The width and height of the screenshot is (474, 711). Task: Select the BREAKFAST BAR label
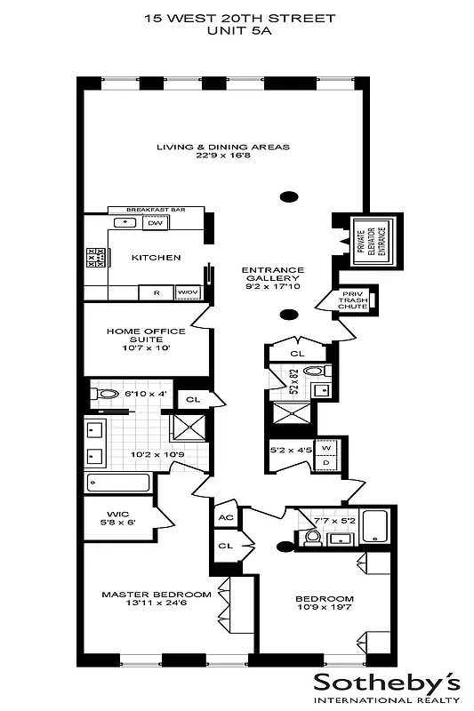(155, 210)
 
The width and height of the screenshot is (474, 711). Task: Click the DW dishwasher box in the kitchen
(155, 223)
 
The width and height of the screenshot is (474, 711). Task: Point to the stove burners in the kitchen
(96, 258)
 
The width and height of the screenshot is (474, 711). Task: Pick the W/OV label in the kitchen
(187, 292)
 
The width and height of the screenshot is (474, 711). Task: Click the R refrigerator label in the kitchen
(157, 292)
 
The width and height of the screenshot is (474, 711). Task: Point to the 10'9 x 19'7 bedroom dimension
(324, 610)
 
